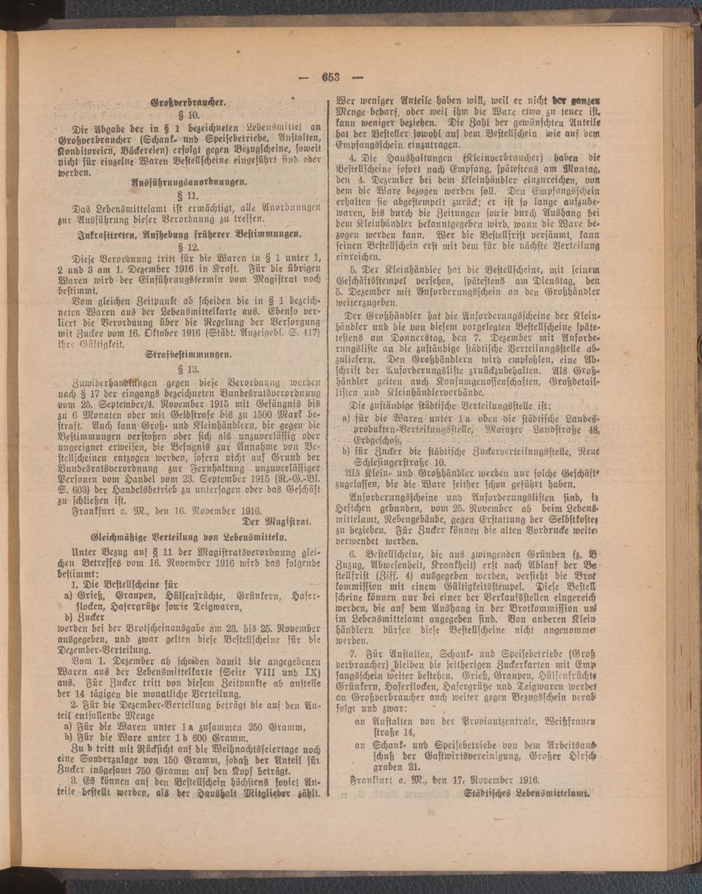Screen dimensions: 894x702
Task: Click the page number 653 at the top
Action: [x=331, y=77]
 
